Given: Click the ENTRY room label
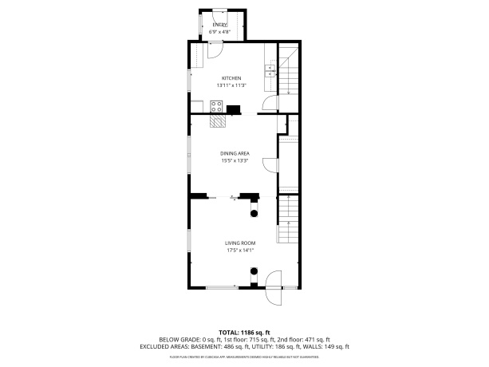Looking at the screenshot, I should tap(219, 25).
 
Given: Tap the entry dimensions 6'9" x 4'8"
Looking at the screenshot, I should tap(219, 32).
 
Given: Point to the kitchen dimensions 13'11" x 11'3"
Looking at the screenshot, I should tap(231, 85).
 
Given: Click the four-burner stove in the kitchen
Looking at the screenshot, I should tap(215, 106).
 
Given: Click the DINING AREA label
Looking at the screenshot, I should tap(235, 153).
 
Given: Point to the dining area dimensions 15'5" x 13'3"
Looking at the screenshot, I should tap(235, 160).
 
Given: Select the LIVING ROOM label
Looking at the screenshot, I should tap(239, 243).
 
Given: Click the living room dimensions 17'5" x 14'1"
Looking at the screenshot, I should tap(239, 251).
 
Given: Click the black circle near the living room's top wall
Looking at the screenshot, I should tap(254, 212).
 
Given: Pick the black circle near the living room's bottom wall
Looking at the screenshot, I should tap(254, 270).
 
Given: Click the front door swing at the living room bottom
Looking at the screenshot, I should tap(274, 289).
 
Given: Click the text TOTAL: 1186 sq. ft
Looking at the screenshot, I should tap(244, 332).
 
